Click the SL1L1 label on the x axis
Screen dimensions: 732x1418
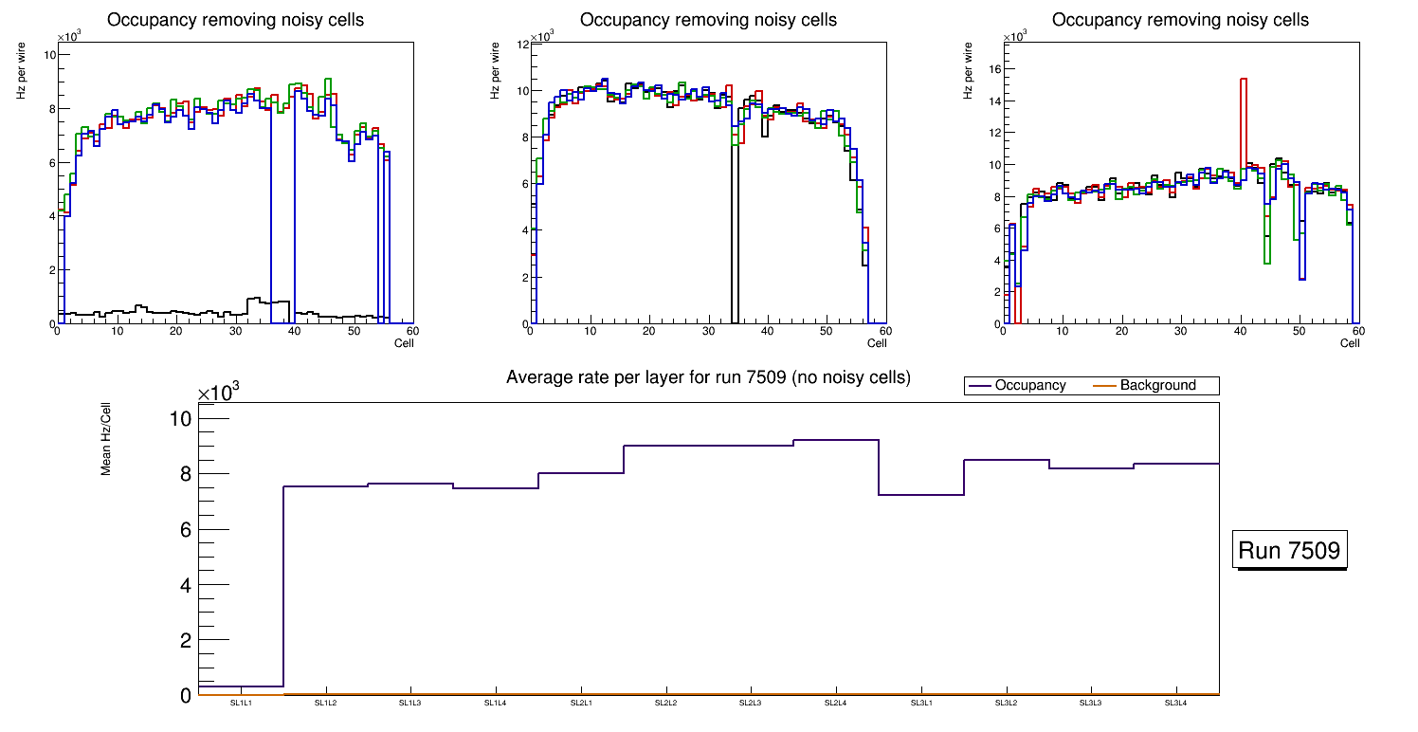pos(241,704)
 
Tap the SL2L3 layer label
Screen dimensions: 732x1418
pos(751,704)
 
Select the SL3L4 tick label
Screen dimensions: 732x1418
pos(1175,704)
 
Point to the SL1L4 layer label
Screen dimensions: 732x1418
pos(496,704)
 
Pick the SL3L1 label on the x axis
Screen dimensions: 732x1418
pos(920,704)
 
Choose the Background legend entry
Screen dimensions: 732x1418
pos(1157,386)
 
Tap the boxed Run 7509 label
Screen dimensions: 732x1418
pos(1290,551)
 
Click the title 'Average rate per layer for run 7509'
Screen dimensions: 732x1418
pos(708,377)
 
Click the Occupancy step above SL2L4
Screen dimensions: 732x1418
pos(836,440)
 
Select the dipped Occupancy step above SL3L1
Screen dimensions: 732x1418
pos(920,495)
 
